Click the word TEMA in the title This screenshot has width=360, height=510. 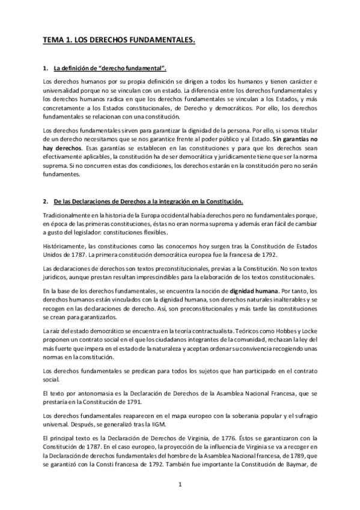click(52, 40)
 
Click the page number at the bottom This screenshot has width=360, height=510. click(180, 484)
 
